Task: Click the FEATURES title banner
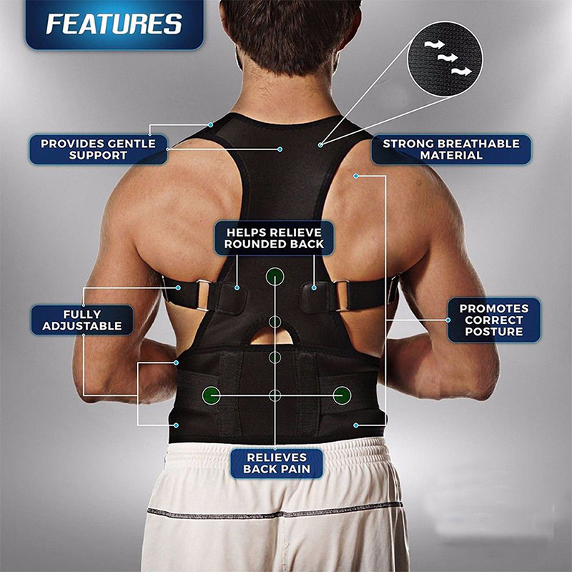tap(114, 24)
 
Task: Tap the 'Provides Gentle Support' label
tap(98, 149)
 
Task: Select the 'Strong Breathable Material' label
tap(451, 149)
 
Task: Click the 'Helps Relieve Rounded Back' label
tap(274, 238)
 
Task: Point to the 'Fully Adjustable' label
tap(82, 320)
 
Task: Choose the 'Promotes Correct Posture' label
tap(494, 320)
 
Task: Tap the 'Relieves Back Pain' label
tap(277, 463)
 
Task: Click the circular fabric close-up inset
tap(445, 59)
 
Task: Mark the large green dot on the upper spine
tap(275, 276)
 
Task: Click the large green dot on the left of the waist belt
tap(211, 395)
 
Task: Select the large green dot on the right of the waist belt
tap(342, 395)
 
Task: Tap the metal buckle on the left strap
tap(203, 295)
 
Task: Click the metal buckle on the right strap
tap(342, 295)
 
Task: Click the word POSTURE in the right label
tap(494, 332)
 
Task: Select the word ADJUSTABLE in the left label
tap(82, 326)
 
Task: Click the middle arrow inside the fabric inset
tap(448, 57)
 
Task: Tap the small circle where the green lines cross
tap(275, 395)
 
